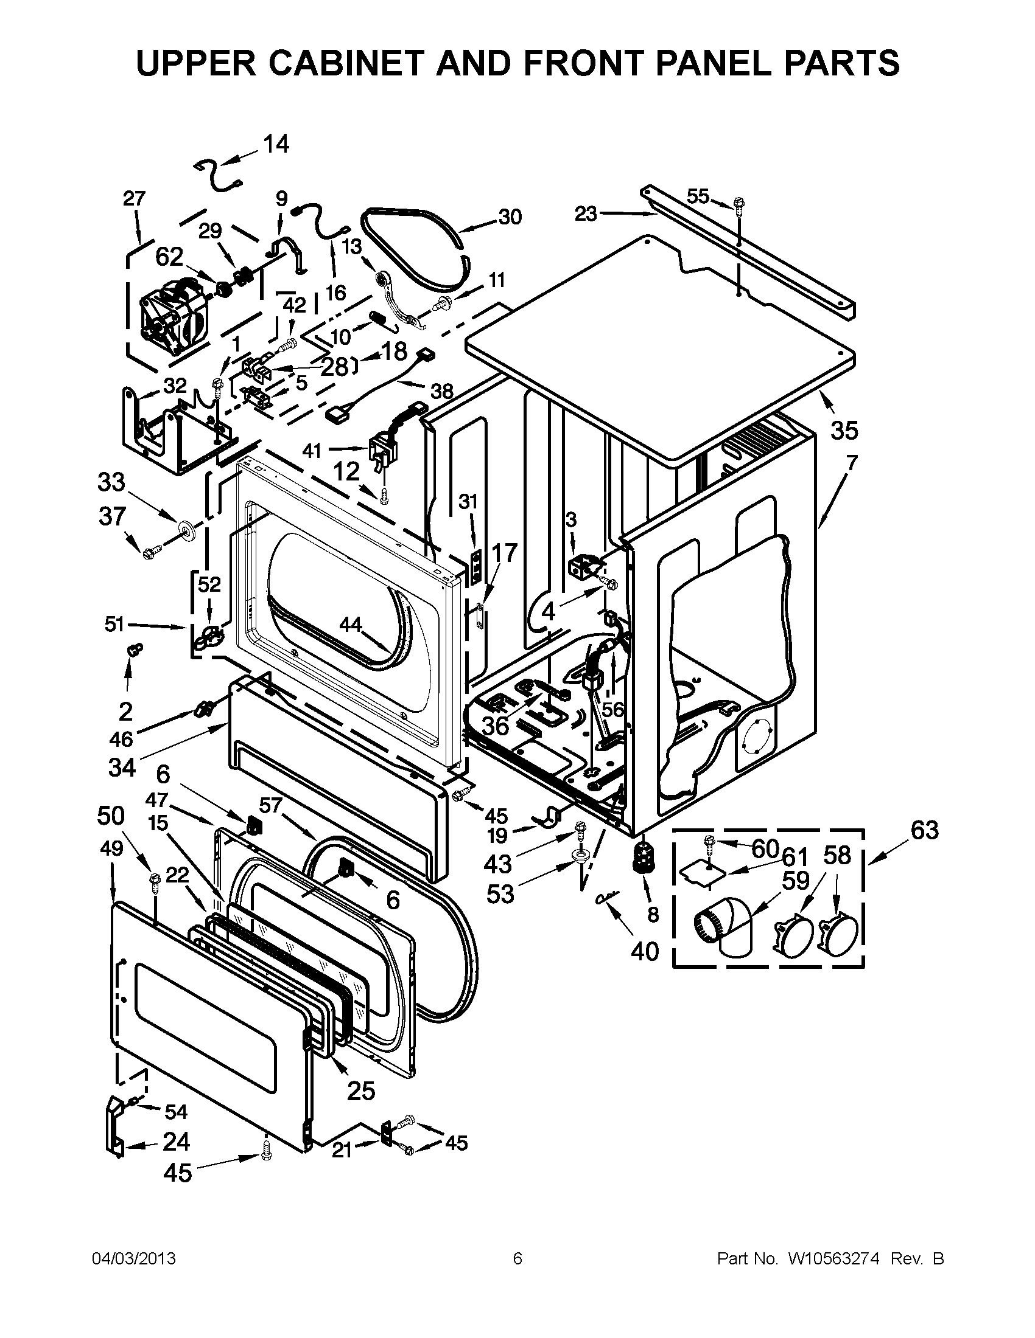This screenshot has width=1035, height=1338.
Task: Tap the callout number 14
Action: [276, 145]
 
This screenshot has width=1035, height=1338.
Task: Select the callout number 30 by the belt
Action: [510, 217]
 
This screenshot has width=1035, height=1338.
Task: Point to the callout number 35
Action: [844, 431]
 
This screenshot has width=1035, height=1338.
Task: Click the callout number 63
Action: [925, 830]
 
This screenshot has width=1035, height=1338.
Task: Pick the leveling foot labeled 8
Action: [643, 856]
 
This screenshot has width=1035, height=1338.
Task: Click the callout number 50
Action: [111, 816]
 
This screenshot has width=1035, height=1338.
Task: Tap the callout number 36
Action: [496, 726]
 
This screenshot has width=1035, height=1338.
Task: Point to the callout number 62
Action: [169, 257]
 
